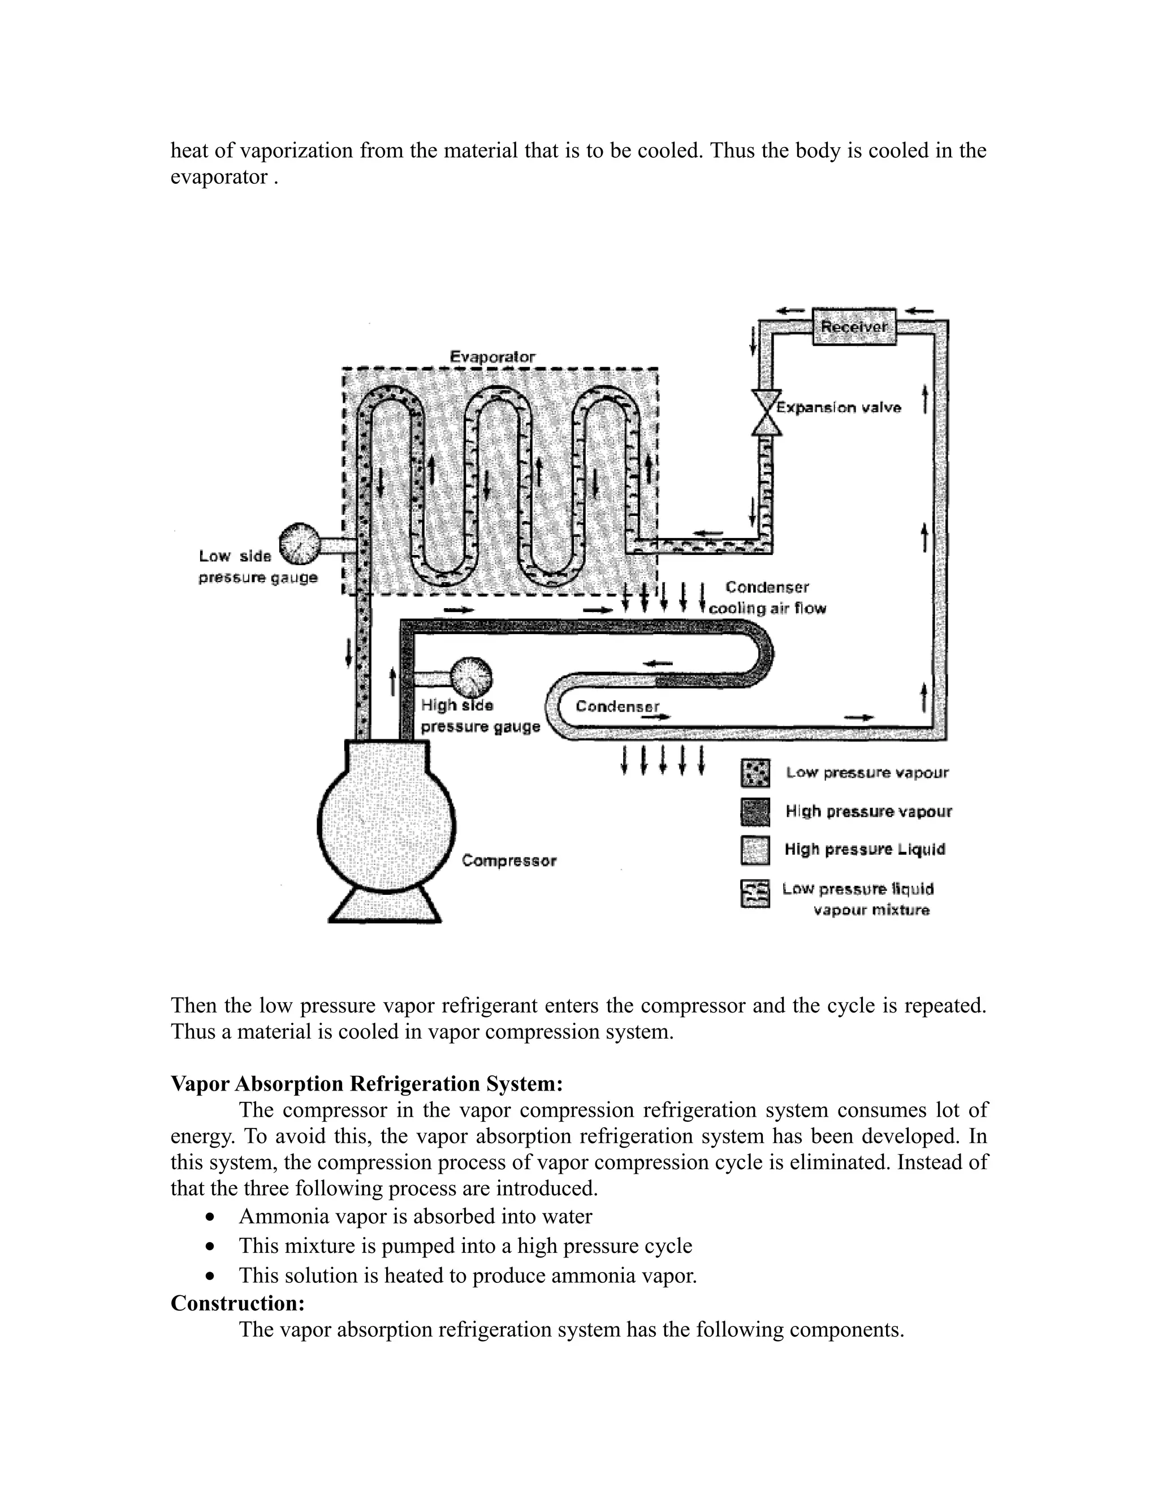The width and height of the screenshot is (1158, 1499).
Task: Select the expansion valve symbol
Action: [766, 412]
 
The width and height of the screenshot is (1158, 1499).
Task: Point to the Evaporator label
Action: [492, 357]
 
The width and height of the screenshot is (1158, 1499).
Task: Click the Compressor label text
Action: [508, 861]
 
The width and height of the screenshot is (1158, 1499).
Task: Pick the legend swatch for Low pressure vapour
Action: [755, 773]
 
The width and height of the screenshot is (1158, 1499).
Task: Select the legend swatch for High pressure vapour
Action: [755, 812]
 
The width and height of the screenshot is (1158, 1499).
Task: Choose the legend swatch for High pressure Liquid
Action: [755, 850]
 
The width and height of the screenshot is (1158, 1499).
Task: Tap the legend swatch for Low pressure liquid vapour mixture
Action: [755, 894]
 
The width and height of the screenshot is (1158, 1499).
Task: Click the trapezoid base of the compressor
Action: [385, 904]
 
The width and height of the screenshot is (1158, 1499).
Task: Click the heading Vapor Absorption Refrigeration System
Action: [366, 1084]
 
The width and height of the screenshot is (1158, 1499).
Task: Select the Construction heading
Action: [237, 1303]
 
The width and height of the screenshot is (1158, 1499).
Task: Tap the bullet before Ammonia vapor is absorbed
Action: [211, 1217]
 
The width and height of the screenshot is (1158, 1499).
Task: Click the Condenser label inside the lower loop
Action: [617, 707]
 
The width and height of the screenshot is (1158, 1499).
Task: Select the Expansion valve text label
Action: [839, 408]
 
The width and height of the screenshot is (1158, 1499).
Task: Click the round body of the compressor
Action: [386, 822]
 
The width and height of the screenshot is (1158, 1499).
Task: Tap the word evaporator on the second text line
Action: [219, 177]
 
